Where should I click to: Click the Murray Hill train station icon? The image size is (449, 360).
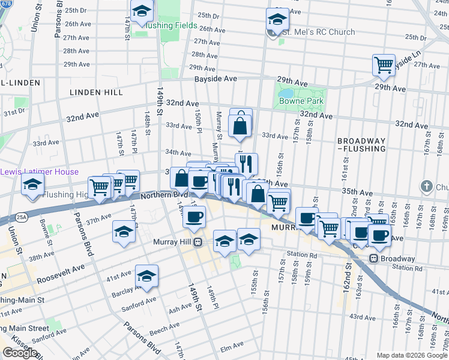[205, 242]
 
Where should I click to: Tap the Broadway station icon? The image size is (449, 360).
[373, 259]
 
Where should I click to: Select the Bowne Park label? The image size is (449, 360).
[301, 101]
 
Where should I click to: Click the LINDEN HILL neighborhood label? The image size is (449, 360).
[96, 92]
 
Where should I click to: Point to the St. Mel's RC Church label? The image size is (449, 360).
[319, 32]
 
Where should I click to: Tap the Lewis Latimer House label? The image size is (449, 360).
[39, 172]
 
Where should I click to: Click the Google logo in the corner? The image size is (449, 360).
[19, 353]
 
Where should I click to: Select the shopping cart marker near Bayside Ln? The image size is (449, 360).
[384, 64]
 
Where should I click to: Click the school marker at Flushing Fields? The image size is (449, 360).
[142, 12]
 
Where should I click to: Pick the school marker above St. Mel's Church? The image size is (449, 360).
[278, 19]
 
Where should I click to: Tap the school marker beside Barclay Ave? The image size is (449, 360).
[146, 277]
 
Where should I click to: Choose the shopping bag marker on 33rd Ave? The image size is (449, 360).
[240, 127]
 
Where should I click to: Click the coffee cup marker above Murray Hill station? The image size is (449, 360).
[194, 217]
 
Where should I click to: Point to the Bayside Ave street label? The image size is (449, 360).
[214, 79]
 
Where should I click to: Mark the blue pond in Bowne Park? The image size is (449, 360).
[284, 94]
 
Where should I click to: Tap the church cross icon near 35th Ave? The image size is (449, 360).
[426, 185]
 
